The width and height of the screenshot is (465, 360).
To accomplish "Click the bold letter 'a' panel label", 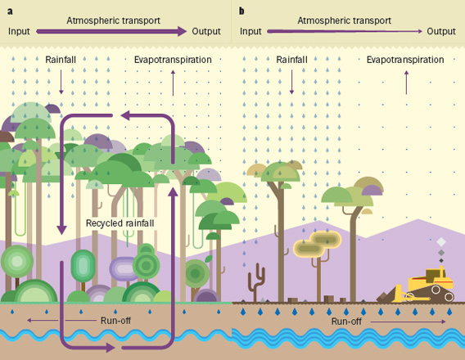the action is [10, 11].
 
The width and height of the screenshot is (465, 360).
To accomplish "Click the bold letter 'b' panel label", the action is [242, 11].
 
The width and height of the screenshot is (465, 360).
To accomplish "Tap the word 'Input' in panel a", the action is [19, 31].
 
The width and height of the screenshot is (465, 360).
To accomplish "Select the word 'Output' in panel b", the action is [441, 31].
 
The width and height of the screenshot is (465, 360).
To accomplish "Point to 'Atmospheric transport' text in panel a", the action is [113, 20].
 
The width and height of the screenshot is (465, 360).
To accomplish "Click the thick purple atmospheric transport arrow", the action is [111, 31].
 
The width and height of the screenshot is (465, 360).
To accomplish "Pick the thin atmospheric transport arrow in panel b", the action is [345, 31].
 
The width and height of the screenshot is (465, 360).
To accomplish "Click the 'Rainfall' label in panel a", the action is [61, 60].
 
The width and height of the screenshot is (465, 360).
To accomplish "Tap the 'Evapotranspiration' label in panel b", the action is [405, 60].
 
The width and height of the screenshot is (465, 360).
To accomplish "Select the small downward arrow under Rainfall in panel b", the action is [291, 82].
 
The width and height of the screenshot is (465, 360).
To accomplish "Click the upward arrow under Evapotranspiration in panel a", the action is [174, 83].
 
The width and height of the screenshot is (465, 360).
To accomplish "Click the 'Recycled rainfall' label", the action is [120, 223].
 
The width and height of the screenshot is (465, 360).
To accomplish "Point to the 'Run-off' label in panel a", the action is [115, 320].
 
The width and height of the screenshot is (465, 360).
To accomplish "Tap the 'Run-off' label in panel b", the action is [346, 322].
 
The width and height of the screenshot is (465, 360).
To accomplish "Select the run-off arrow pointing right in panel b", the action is [408, 322].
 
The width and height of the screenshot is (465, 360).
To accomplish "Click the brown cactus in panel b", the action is [256, 281].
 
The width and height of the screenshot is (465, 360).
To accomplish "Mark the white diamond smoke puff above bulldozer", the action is [441, 242].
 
